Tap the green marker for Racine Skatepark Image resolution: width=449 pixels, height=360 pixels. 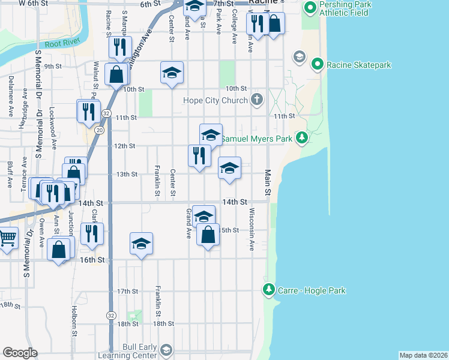(x=317, y=64)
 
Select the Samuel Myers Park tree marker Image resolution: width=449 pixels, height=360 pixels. (x=303, y=139)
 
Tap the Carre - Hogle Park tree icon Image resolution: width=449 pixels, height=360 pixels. (x=268, y=290)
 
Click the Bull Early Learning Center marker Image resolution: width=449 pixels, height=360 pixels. (x=166, y=349)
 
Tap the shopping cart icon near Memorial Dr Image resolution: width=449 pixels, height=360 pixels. (x=7, y=238)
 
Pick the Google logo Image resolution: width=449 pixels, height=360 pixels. (x=20, y=353)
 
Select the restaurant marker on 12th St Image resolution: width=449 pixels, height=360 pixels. (x=199, y=155)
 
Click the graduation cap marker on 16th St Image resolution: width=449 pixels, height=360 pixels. (x=141, y=243)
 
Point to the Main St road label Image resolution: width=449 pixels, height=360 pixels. (x=267, y=182)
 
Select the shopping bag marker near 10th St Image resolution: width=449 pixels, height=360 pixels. (x=116, y=74)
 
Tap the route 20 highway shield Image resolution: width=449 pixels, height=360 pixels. (x=100, y=130)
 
